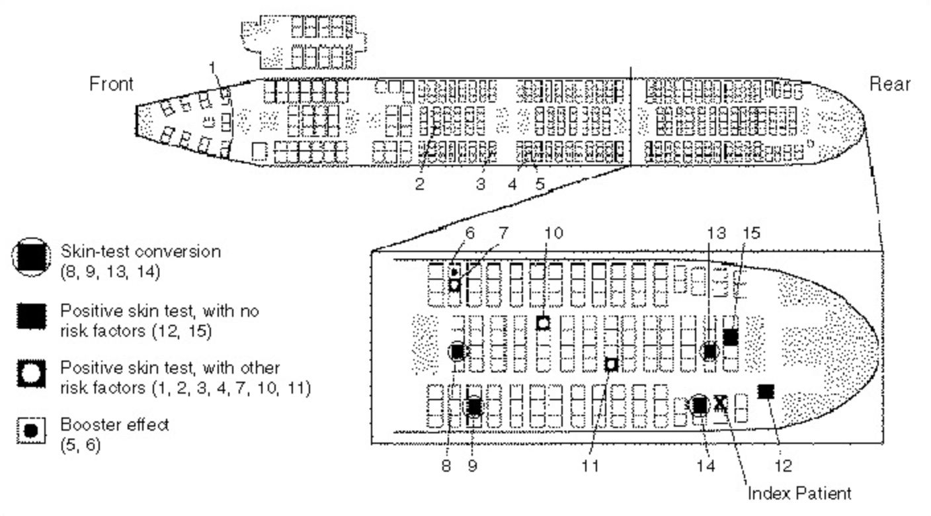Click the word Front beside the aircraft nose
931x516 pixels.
click(x=111, y=84)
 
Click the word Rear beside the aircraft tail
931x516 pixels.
click(x=890, y=84)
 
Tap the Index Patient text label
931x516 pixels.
click(x=799, y=493)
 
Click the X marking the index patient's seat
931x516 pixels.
click(x=721, y=403)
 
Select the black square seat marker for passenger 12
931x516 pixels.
click(x=766, y=391)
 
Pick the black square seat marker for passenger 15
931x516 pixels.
click(x=730, y=337)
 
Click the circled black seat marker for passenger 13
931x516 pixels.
click(x=710, y=351)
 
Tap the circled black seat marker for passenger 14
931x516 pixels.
click(x=700, y=404)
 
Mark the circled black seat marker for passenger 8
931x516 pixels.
click(x=458, y=351)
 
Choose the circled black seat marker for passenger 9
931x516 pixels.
click(x=473, y=406)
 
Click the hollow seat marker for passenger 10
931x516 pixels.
click(x=543, y=323)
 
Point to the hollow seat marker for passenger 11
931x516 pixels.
click(x=612, y=364)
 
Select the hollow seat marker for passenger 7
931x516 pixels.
click(x=454, y=285)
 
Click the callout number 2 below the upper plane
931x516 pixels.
click(x=419, y=184)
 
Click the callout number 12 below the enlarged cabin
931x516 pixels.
click(x=783, y=466)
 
